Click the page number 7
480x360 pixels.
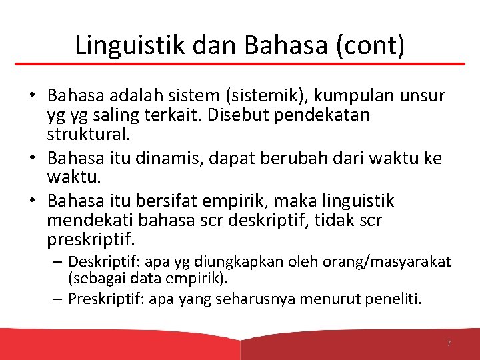449,343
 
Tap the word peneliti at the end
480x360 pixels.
393,299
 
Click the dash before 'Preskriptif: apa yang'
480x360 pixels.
58,299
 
